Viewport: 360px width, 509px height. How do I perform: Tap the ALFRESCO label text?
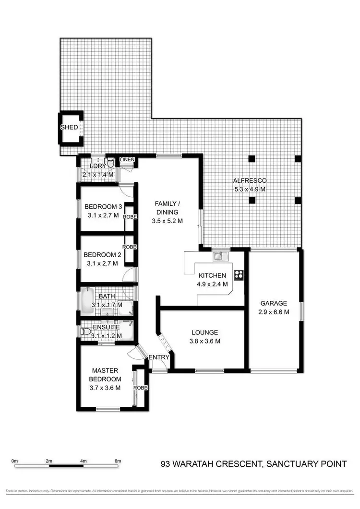coord(250,181)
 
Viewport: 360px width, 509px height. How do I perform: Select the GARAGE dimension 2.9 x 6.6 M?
coord(274,312)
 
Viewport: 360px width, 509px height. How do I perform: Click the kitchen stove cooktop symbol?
coord(239,275)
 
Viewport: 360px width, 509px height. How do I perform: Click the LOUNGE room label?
coord(205,332)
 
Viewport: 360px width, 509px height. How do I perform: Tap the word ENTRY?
coord(158,357)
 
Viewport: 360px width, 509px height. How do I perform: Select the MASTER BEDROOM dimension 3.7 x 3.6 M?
coord(105,388)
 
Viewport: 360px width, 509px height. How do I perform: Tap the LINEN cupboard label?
coord(127,159)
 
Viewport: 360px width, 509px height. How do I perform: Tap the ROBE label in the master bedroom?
coord(141,388)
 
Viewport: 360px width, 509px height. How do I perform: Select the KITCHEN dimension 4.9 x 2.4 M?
coord(212,284)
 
